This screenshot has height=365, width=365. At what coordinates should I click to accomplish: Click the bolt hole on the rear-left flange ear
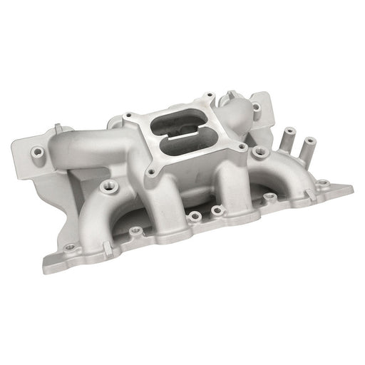[37, 150]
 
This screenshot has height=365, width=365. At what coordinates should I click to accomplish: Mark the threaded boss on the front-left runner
[108, 186]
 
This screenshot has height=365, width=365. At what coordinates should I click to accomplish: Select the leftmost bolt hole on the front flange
[69, 247]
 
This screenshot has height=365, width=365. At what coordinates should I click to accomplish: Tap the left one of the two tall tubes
[290, 135]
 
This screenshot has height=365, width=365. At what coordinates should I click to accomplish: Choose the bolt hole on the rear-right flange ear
[255, 107]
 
